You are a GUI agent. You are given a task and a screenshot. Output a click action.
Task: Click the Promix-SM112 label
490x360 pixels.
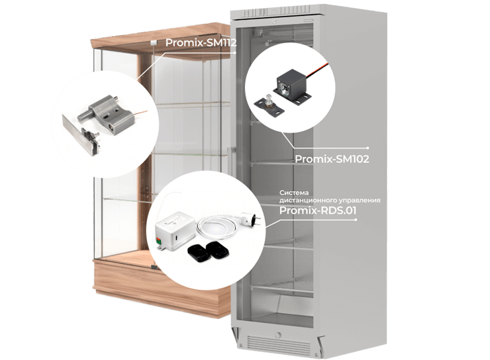201,42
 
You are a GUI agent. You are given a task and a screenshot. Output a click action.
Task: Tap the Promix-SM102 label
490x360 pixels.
332,159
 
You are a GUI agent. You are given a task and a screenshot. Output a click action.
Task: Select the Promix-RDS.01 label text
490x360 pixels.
318,210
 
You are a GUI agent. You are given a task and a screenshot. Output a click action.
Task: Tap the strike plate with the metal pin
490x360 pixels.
268,105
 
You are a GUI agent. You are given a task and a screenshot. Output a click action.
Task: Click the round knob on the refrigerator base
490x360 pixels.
277,336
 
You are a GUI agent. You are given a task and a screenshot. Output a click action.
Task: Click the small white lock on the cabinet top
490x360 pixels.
154,43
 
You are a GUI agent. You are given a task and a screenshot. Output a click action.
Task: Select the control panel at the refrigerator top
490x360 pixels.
277,13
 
